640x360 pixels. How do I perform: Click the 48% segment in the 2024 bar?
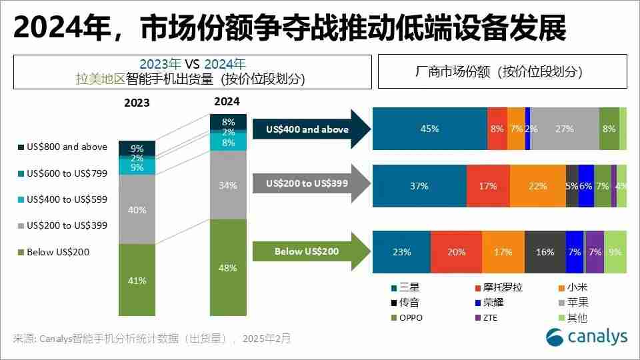(228, 267)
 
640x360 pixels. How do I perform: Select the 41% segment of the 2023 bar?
(137, 280)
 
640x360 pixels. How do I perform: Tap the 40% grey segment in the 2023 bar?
(137, 209)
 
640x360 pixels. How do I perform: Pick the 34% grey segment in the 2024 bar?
(228, 185)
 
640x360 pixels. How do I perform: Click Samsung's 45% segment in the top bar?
(429, 129)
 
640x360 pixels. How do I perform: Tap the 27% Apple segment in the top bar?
(564, 129)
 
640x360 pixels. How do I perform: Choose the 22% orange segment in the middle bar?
(537, 186)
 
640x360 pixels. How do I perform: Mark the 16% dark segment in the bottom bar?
(545, 252)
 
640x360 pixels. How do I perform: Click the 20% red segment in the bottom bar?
(456, 252)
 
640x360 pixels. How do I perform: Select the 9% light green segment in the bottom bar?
(615, 252)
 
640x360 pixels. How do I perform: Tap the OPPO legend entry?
(411, 318)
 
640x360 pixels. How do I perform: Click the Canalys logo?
(586, 337)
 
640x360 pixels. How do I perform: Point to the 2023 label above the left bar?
(137, 103)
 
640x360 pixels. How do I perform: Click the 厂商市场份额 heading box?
(503, 71)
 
